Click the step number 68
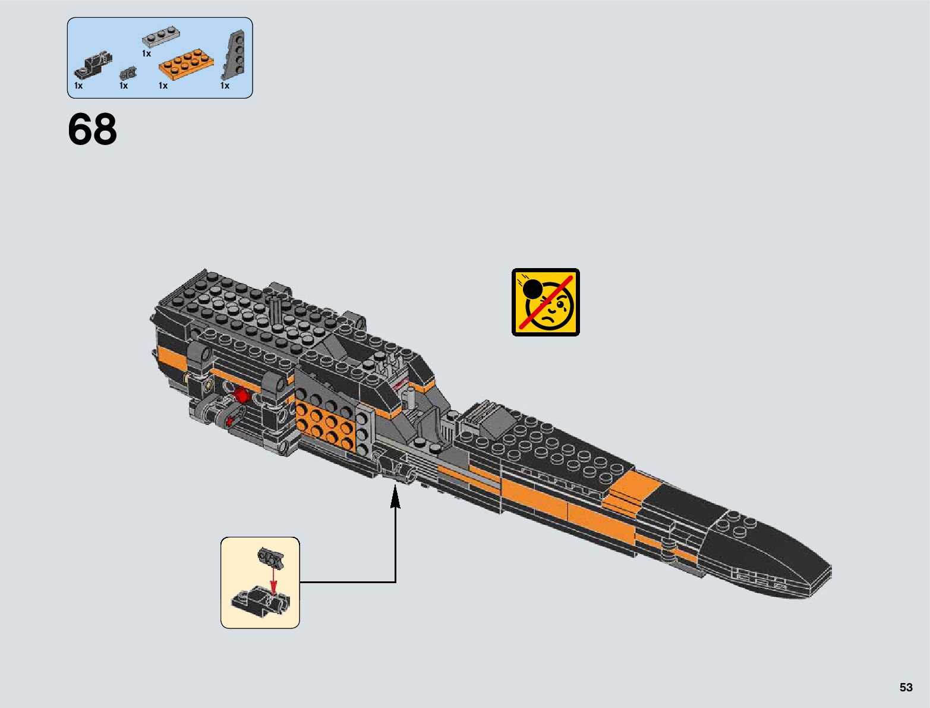point(92,130)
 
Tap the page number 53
point(906,687)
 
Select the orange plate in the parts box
point(183,64)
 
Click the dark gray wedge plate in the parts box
point(235,56)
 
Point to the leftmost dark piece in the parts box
point(93,64)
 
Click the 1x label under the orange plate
point(163,86)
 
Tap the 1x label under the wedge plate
point(225,86)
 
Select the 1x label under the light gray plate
point(146,54)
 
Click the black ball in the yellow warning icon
point(532,289)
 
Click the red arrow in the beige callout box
point(273,580)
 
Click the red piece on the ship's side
point(241,395)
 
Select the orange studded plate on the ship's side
point(326,424)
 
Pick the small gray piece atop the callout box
point(270,558)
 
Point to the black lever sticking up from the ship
point(276,309)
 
